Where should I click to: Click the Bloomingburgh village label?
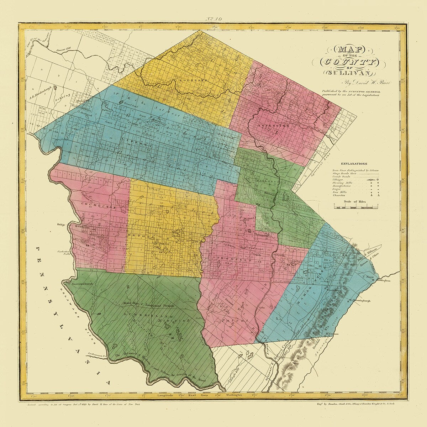(359, 301)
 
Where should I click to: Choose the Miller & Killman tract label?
(364, 255)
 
